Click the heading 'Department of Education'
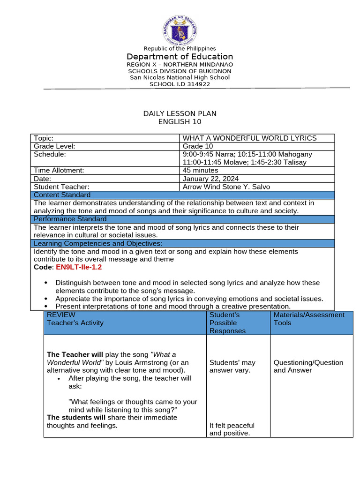180,57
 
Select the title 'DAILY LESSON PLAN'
180,114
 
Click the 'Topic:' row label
44,138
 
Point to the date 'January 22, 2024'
210,179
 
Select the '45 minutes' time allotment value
201,171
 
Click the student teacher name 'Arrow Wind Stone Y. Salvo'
226,187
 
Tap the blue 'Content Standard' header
62,195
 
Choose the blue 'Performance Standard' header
70,219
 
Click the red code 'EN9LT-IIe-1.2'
79,267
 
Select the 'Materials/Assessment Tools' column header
309,319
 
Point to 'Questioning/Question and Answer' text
308,367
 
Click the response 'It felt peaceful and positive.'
232,429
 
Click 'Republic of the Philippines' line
180,49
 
